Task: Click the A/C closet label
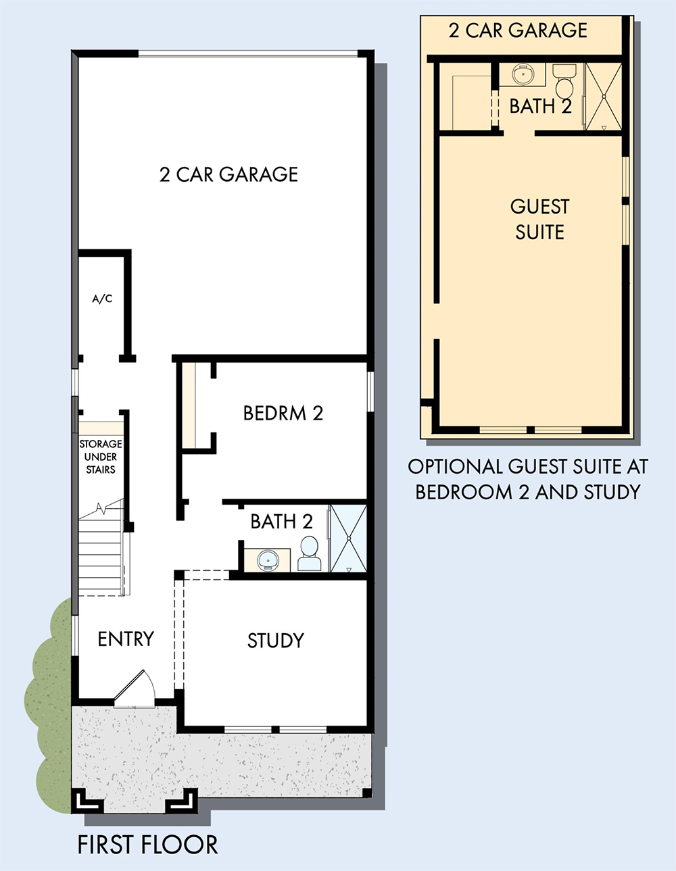[x=102, y=299]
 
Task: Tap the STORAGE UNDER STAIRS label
[x=101, y=457]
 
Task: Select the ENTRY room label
[x=126, y=639]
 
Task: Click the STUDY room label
[x=275, y=641]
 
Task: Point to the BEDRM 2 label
[x=283, y=414]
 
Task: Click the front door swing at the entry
[x=135, y=690]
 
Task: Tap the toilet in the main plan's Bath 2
[x=309, y=553]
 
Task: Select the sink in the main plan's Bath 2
[x=267, y=560]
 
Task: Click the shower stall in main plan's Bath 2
[x=348, y=539]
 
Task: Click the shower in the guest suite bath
[x=604, y=96]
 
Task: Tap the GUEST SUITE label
[x=539, y=220]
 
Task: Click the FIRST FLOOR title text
[x=147, y=845]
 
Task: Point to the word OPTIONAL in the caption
[x=455, y=466]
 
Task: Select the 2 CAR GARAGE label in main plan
[x=228, y=174]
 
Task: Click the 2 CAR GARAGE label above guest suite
[x=518, y=30]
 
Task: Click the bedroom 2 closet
[x=189, y=405]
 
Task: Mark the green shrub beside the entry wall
[x=48, y=705]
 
